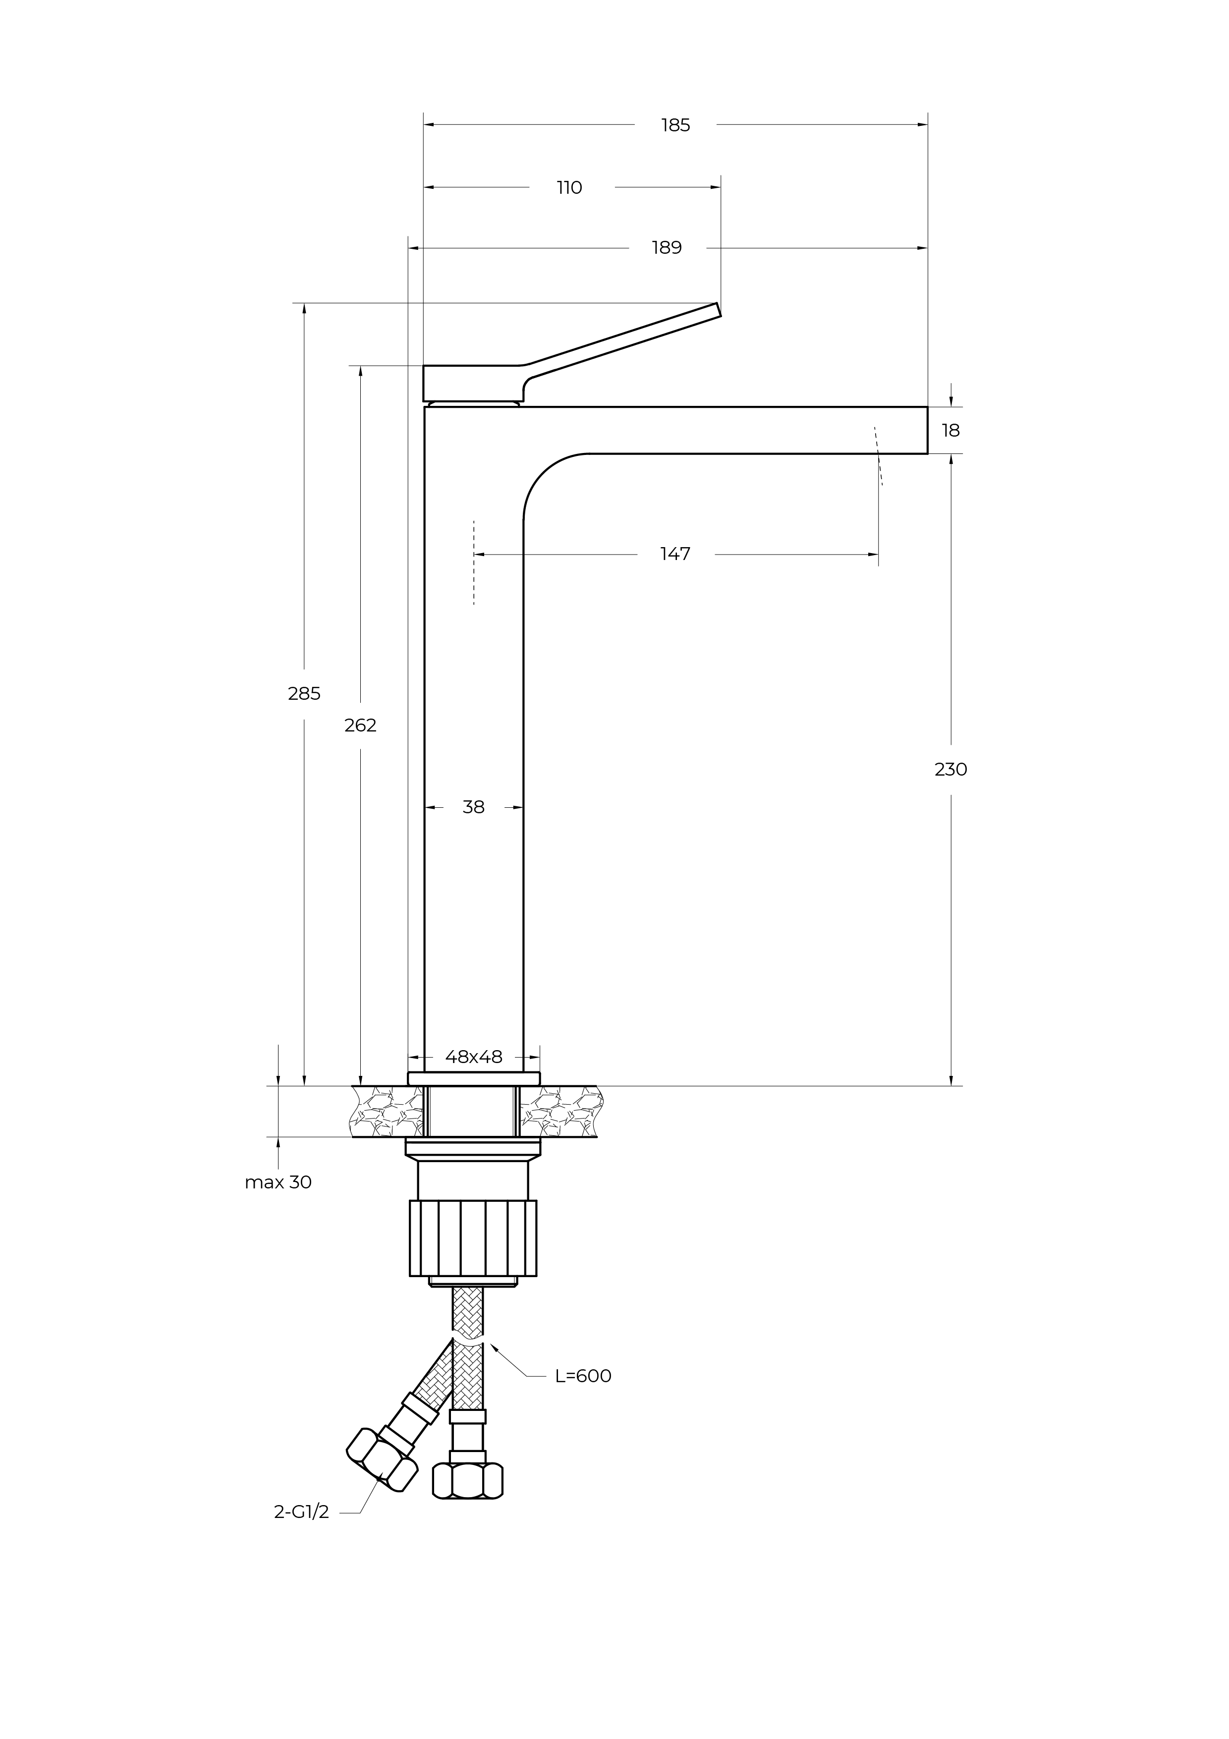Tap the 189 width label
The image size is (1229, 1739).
(x=667, y=248)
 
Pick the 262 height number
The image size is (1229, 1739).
(x=360, y=725)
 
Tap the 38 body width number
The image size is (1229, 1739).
(x=473, y=807)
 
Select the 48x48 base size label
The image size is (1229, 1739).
(x=474, y=1057)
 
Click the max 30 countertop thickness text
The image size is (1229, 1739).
(x=278, y=1182)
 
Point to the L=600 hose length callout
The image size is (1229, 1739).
(x=583, y=1376)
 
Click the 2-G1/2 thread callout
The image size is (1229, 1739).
(x=301, y=1513)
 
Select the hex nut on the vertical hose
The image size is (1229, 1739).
(x=468, y=1481)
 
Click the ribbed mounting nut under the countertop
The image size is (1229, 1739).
(x=473, y=1238)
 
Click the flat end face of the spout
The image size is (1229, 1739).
(x=928, y=430)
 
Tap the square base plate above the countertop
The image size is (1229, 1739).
(x=474, y=1078)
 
